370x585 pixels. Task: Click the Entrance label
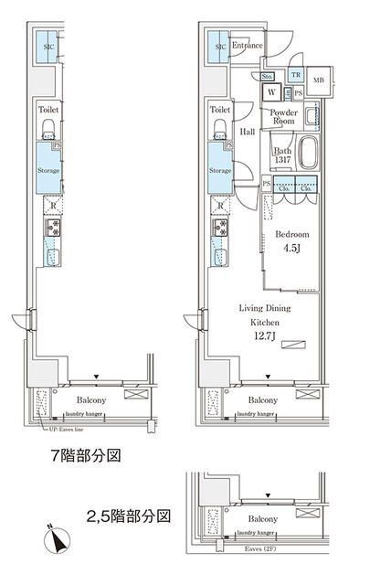click(x=247, y=45)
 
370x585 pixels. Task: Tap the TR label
click(x=295, y=75)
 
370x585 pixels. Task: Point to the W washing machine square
click(x=272, y=92)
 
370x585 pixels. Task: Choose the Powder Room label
click(x=283, y=116)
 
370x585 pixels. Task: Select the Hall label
click(x=247, y=132)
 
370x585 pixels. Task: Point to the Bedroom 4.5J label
click(x=292, y=239)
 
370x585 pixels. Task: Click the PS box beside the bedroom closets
click(x=266, y=184)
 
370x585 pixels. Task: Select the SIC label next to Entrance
click(x=220, y=46)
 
